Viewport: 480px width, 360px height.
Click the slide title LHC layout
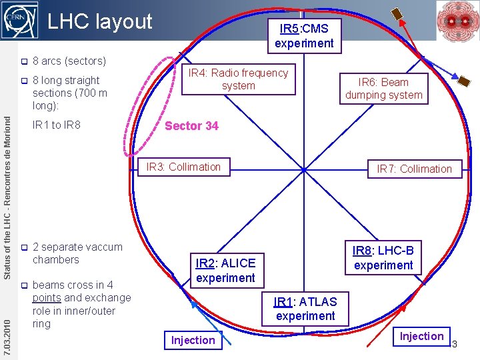(x=100, y=22)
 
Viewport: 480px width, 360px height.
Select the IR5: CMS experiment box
(x=304, y=36)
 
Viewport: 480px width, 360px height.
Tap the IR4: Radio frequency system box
(x=239, y=79)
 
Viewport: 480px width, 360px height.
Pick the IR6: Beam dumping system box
(x=383, y=89)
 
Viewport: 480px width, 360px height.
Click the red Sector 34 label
(x=191, y=126)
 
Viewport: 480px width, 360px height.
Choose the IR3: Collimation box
(x=184, y=167)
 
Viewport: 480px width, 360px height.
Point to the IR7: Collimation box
(x=414, y=169)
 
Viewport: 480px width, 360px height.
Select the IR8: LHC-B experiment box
(x=383, y=258)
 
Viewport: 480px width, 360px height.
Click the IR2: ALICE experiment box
(x=225, y=270)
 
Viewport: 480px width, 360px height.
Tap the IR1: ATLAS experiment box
(x=305, y=309)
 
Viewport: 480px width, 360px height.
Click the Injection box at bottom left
(x=193, y=340)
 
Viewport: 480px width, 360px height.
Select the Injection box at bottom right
(x=421, y=337)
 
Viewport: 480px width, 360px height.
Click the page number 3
(x=455, y=344)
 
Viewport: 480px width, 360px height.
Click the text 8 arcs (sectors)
(x=69, y=61)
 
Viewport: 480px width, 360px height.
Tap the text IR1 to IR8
(x=57, y=125)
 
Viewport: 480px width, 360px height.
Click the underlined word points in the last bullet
(x=47, y=298)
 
